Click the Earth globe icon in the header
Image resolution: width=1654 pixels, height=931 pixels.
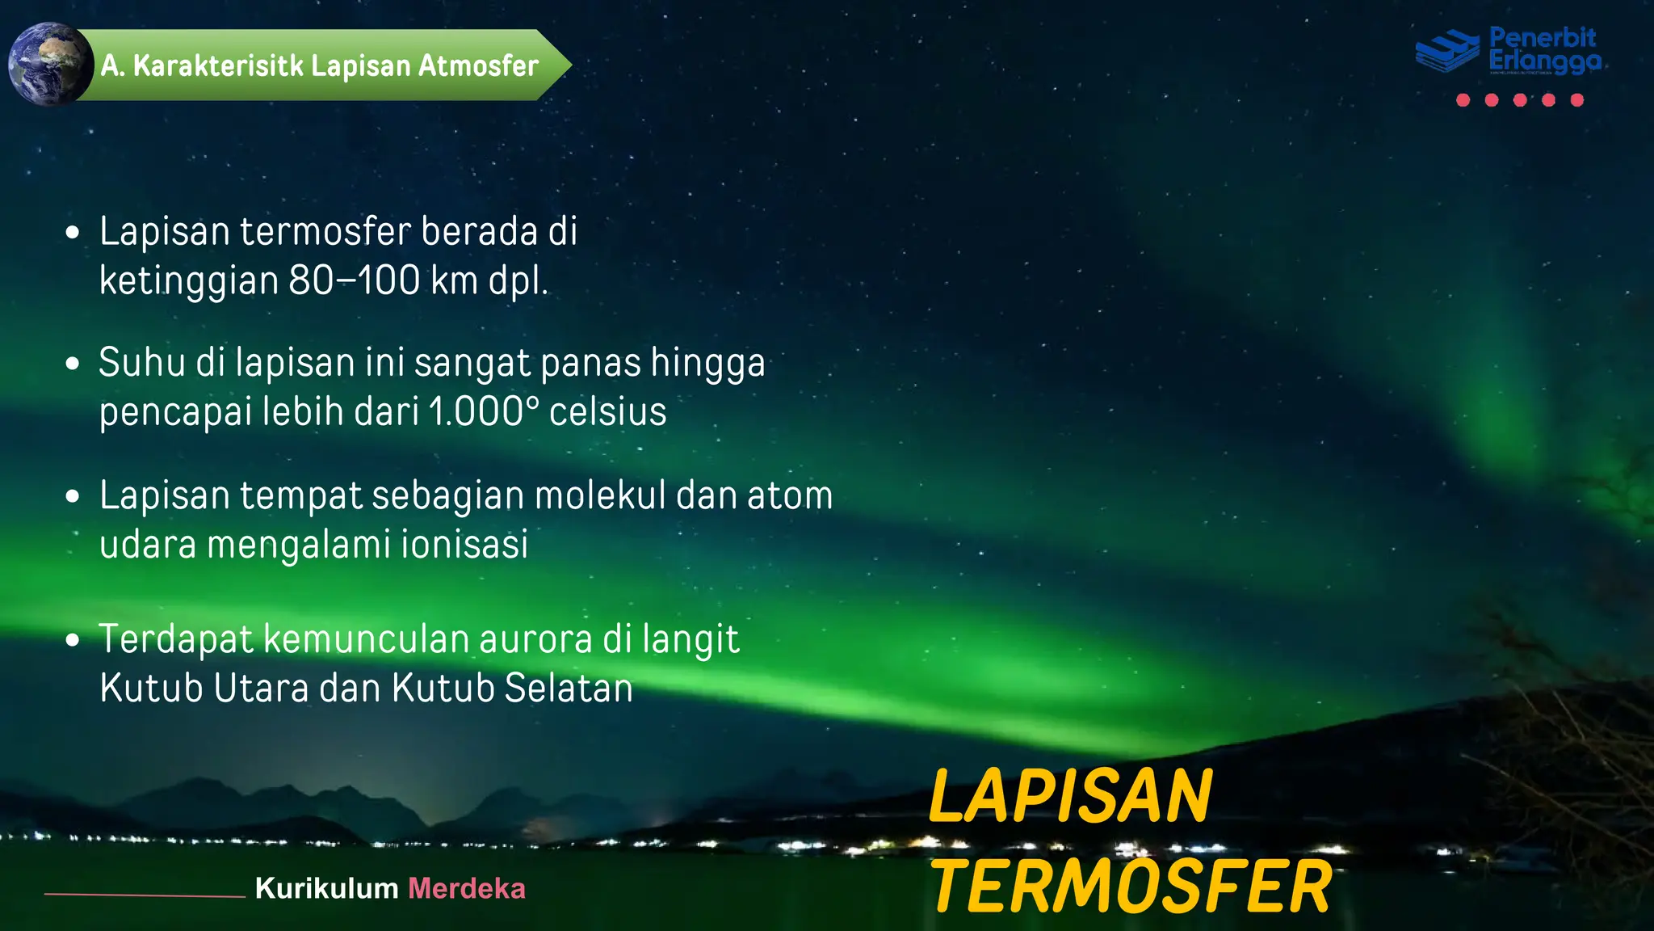pyautogui.click(x=50, y=65)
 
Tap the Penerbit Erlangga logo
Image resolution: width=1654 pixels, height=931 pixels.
pyautogui.click(x=1509, y=50)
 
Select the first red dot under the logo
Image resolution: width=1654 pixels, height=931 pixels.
pyautogui.click(x=1463, y=100)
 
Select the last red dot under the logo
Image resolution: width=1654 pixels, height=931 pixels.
pyautogui.click(x=1576, y=100)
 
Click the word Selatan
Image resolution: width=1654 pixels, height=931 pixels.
pyautogui.click(x=569, y=689)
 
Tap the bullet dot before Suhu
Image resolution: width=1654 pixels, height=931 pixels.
pyautogui.click(x=73, y=364)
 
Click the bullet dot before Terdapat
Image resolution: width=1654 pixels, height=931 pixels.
pyautogui.click(x=73, y=641)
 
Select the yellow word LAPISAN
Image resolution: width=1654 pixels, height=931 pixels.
pyautogui.click(x=1070, y=797)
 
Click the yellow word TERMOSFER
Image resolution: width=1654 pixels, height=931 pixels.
pyautogui.click(x=1131, y=887)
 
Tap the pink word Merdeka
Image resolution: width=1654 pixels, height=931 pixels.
pyautogui.click(x=467, y=889)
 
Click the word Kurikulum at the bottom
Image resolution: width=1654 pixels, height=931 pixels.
pyautogui.click(x=326, y=889)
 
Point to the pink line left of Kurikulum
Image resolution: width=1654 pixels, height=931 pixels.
pyautogui.click(x=145, y=895)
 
